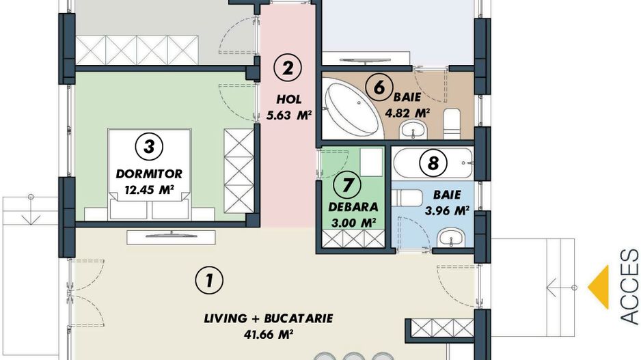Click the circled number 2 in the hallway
[x=288, y=68]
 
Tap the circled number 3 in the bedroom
[x=149, y=146]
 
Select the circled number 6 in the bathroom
[x=379, y=87]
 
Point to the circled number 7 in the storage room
[x=347, y=184]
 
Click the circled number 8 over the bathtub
[x=433, y=163]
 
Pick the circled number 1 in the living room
[x=209, y=281]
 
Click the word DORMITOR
[x=149, y=174]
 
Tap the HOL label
[x=289, y=99]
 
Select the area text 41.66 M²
[x=269, y=334]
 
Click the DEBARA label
[x=353, y=207]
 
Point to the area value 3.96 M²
[x=447, y=210]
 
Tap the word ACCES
[x=629, y=288]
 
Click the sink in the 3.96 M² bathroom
[x=450, y=238]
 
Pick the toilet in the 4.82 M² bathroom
[x=452, y=122]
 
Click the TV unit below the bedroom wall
[x=171, y=238]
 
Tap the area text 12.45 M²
[x=149, y=190]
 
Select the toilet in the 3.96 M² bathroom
[x=407, y=198]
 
